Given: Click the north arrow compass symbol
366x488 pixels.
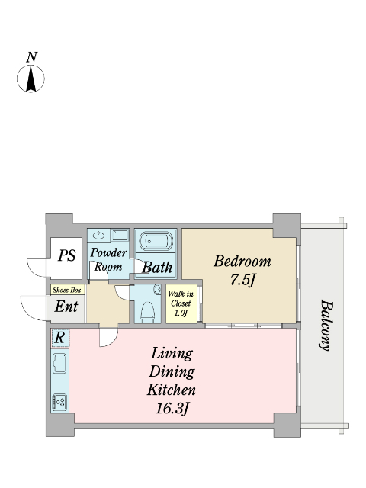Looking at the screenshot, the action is (30, 79).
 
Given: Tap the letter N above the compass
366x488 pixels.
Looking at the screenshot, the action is (32, 57).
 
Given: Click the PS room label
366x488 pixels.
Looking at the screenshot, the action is (67, 256).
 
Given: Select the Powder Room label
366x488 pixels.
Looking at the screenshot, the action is (108, 259).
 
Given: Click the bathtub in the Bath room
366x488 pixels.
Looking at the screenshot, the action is (156, 241).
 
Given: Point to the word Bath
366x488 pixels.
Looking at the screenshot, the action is (157, 268).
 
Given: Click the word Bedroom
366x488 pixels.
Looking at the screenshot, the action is (242, 261).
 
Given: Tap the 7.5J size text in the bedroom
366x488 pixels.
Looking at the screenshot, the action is (242, 280).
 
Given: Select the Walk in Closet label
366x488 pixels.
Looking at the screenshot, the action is (181, 303).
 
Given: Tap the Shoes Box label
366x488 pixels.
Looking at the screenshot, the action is (67, 291).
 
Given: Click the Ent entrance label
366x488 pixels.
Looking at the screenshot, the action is (66, 307).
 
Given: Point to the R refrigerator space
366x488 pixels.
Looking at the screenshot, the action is (60, 338).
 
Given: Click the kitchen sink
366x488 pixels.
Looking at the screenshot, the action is (59, 363).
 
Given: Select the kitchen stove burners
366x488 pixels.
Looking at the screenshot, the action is (59, 402).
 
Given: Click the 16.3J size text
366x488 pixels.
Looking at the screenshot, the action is (172, 409).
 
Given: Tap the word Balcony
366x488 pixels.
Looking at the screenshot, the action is (326, 326).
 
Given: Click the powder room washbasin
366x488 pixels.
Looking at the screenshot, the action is (99, 236).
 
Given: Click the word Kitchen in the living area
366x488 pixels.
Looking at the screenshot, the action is (172, 390).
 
